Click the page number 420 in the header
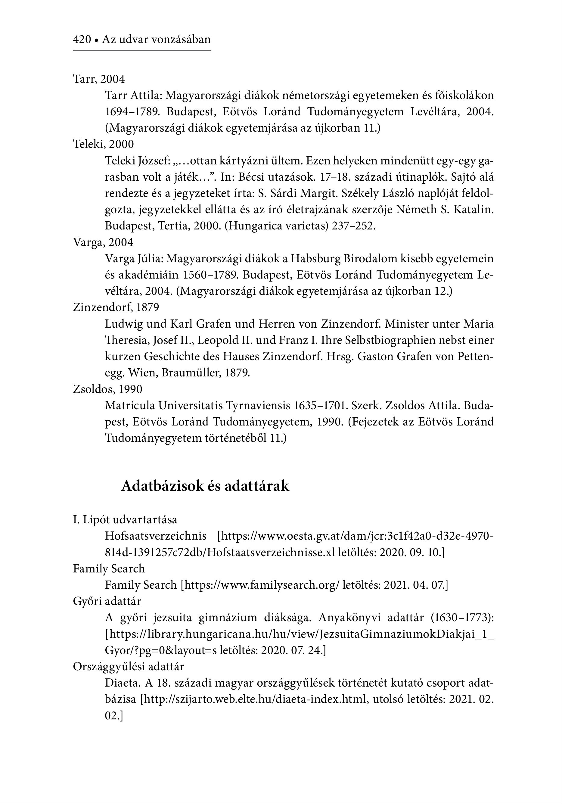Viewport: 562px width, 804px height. click(82, 39)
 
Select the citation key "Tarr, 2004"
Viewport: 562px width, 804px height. click(99, 79)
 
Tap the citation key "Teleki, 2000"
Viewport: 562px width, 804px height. click(103, 144)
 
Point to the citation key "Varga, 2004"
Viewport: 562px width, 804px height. click(103, 242)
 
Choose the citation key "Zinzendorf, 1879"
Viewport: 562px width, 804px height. click(116, 307)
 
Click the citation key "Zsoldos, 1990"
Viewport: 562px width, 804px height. click(107, 389)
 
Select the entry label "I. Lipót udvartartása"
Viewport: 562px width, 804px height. click(125, 519)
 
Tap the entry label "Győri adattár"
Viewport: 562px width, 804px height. click(107, 601)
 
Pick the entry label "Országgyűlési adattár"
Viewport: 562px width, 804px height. click(129, 666)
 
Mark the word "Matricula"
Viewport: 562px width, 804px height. click(130, 406)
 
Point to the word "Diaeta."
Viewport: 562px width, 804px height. click(120, 683)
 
